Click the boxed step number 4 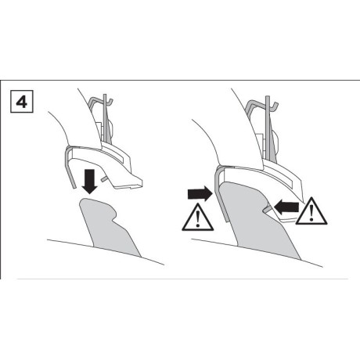click(x=22, y=102)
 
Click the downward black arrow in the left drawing click(x=89, y=182)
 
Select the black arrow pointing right click(x=200, y=193)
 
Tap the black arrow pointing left click(x=286, y=207)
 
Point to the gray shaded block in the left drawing click(x=110, y=228)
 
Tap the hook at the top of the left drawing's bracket click(x=110, y=102)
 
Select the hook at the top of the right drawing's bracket click(x=274, y=105)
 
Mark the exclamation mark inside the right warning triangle click(x=311, y=213)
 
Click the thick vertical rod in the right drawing click(x=268, y=128)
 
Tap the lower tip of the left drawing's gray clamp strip click(x=74, y=187)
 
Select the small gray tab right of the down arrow click(x=105, y=178)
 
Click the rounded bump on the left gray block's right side click(x=114, y=214)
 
